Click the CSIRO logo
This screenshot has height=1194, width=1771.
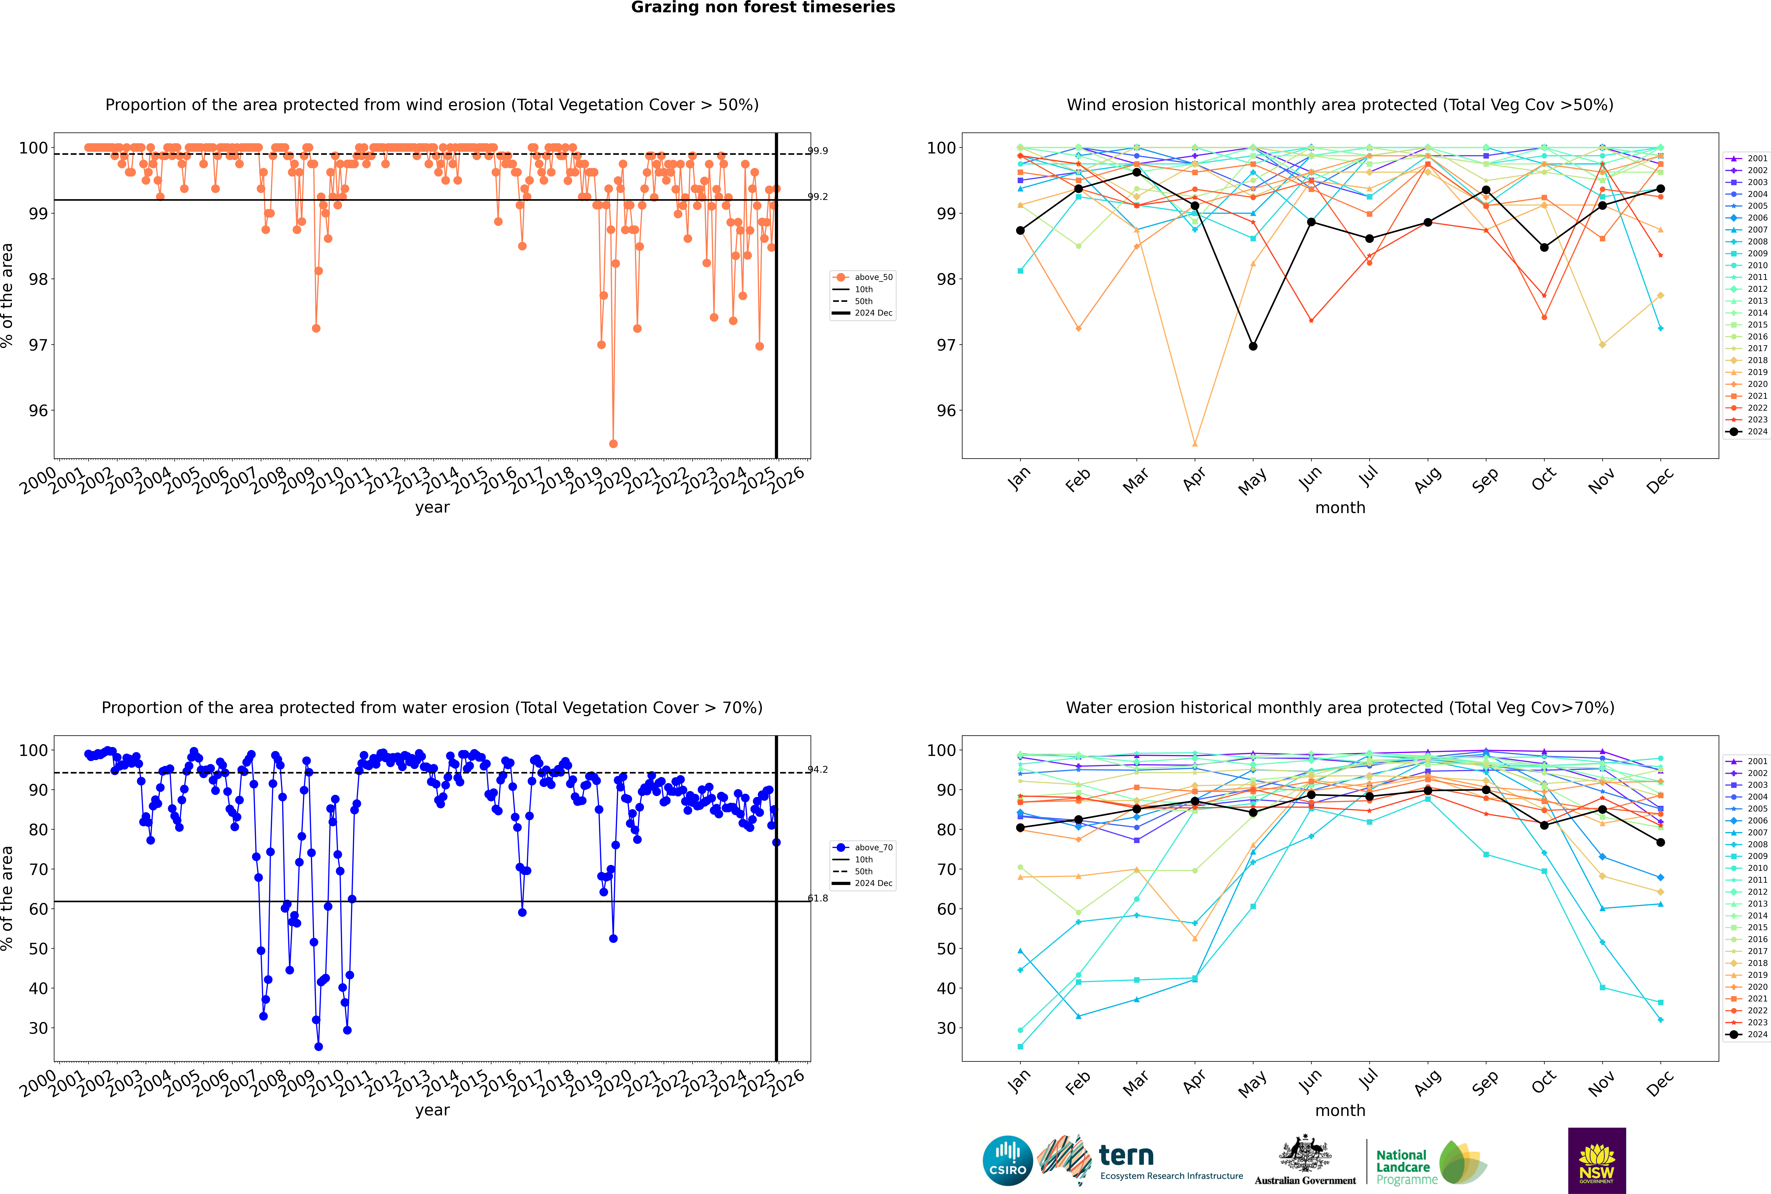[1007, 1161]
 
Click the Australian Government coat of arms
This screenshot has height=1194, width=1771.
[1305, 1154]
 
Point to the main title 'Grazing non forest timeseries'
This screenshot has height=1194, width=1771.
[763, 8]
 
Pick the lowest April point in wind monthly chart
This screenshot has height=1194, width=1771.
[1195, 443]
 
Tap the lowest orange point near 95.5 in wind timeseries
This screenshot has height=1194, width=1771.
[613, 443]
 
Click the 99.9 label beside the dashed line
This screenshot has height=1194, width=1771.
[818, 151]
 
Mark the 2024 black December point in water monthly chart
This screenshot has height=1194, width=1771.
[1661, 842]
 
